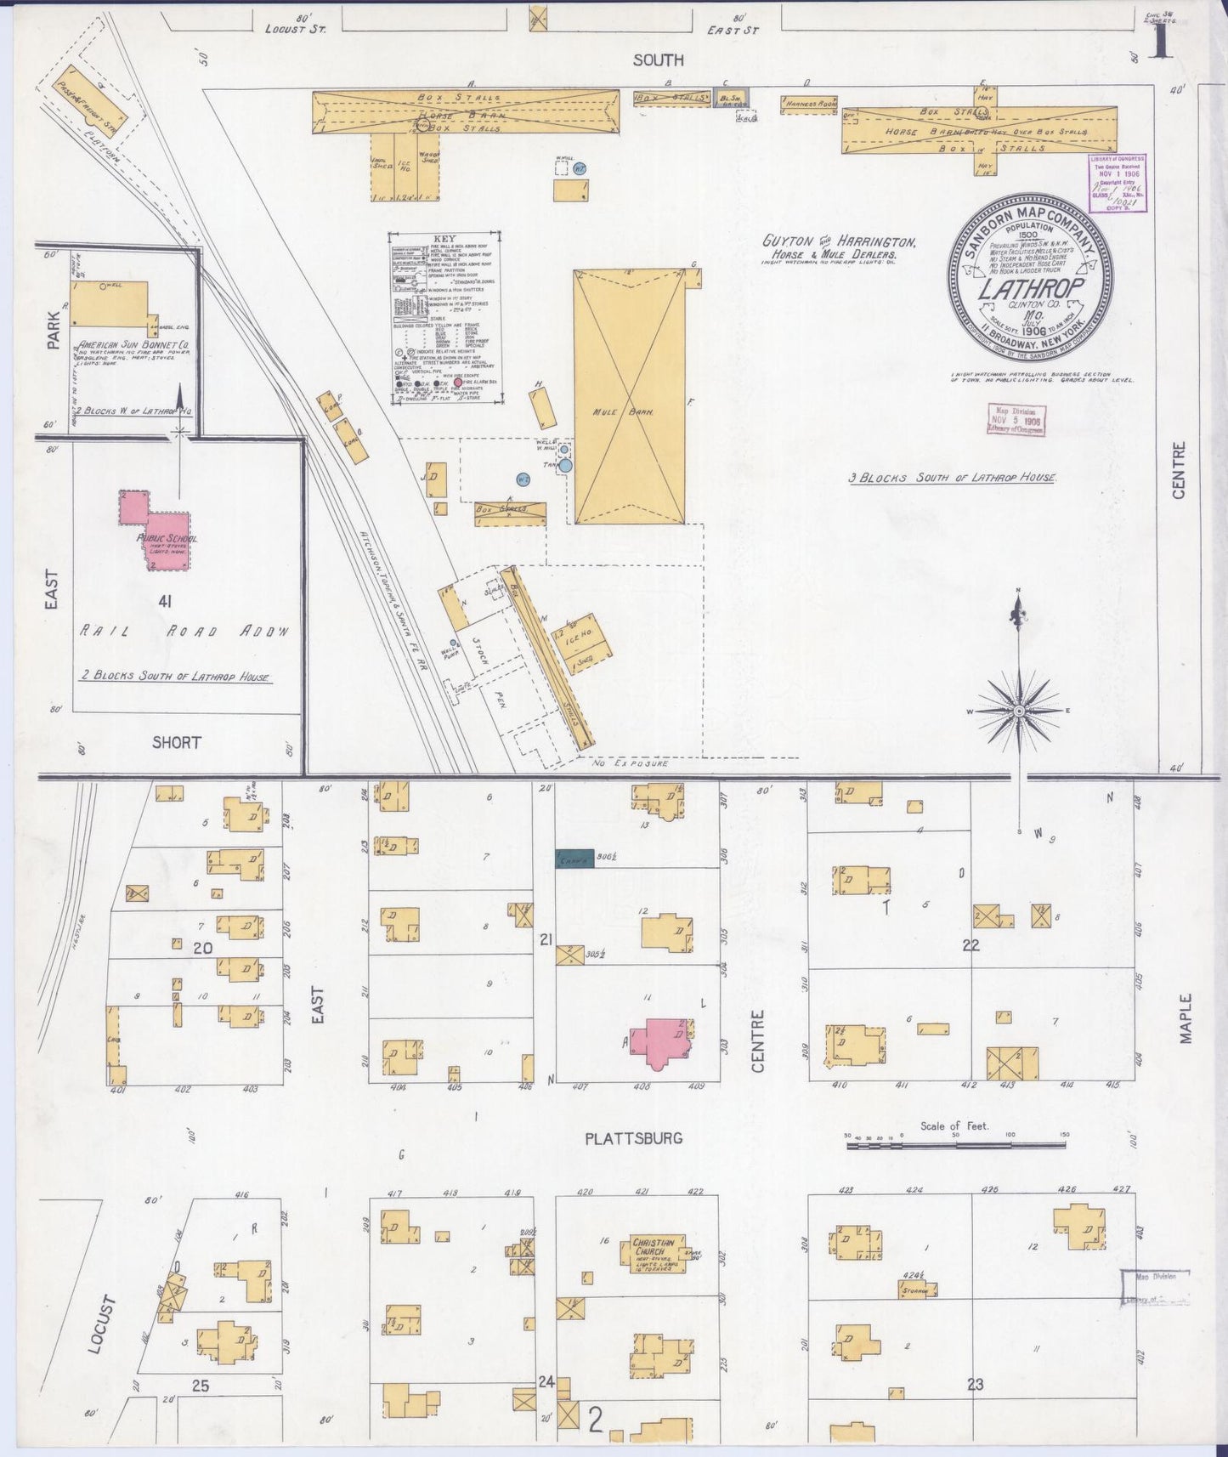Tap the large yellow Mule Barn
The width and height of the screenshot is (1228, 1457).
(629, 397)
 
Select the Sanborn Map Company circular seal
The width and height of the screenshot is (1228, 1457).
(1029, 280)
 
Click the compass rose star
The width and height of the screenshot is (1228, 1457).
(1019, 710)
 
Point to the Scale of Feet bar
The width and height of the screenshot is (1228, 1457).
(955, 1147)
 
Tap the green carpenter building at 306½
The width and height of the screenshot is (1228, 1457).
(574, 859)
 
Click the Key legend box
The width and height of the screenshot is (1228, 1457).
(444, 316)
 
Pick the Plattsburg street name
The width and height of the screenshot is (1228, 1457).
(633, 1138)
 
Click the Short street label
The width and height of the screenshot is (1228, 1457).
(176, 742)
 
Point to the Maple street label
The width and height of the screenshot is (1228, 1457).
(1186, 1018)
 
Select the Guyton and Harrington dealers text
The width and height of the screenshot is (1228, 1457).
(837, 247)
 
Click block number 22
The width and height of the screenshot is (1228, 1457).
(971, 944)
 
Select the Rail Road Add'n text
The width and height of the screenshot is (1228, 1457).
(184, 632)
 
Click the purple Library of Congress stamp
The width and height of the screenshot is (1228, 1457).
(1118, 182)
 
